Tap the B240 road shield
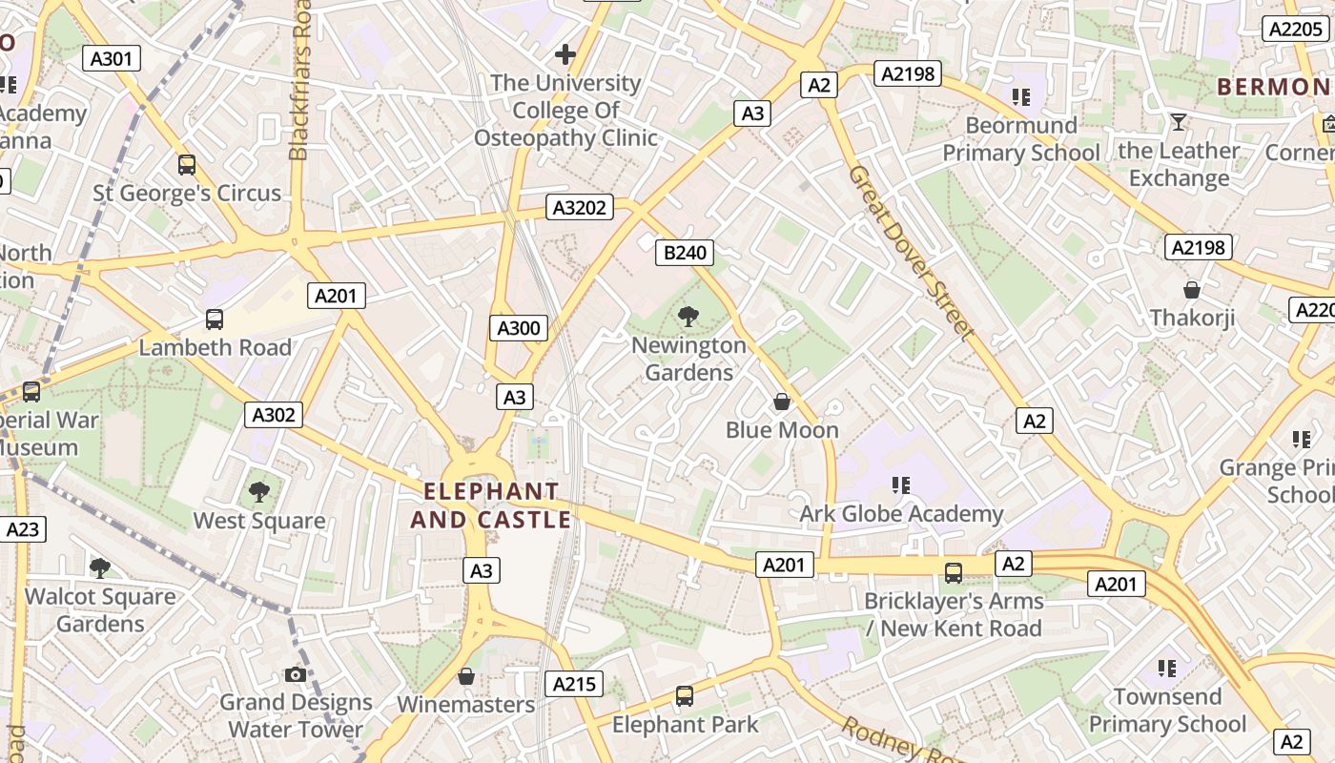[x=686, y=253]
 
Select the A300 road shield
[x=520, y=328]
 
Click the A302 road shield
[x=274, y=415]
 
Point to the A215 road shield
[x=574, y=683]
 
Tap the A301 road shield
[x=112, y=58]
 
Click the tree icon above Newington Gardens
[x=688, y=317]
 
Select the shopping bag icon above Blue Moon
[x=782, y=402]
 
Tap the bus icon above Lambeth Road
[x=215, y=320]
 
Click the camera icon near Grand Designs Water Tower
[x=296, y=675]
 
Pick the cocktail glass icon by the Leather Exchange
[x=1179, y=122]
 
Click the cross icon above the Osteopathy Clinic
[x=565, y=54]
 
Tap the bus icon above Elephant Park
[x=685, y=696]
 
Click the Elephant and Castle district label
[x=491, y=505]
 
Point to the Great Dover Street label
[x=912, y=254]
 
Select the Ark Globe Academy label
[x=901, y=514]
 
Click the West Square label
[x=259, y=521]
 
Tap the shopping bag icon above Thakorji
[x=1192, y=290]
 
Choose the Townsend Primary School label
[x=1168, y=711]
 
